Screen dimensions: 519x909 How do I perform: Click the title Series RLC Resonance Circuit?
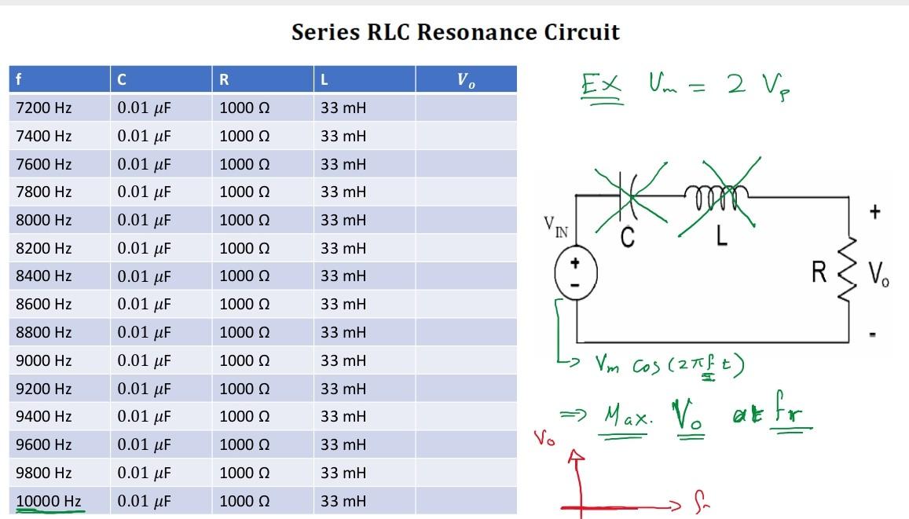point(455,32)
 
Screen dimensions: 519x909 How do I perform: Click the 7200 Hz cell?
point(43,108)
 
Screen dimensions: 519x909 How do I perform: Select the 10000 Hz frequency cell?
point(49,501)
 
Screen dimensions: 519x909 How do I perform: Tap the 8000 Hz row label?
point(43,220)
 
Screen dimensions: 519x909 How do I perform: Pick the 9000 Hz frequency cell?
point(43,360)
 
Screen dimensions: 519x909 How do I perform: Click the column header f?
point(19,79)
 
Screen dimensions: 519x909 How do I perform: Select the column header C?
point(121,79)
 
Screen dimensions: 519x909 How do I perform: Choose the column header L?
point(324,79)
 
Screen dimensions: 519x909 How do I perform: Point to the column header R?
point(225,79)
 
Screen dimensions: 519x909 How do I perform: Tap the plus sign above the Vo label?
point(875,211)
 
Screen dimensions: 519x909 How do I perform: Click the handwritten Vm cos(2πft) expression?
point(668,364)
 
